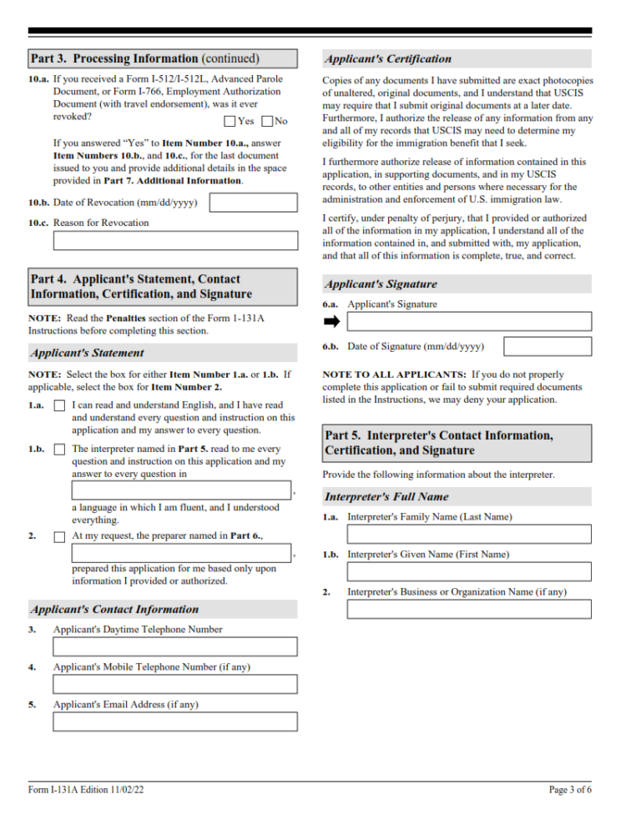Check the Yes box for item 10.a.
(230, 121)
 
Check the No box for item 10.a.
(267, 121)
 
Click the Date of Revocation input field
(253, 203)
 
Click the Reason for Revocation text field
(175, 241)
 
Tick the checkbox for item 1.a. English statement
(59, 405)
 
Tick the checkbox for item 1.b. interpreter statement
(59, 450)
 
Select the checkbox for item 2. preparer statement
(59, 536)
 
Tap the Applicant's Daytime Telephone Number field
(175, 646)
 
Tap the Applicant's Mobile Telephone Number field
(175, 684)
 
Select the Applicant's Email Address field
(175, 721)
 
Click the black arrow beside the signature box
(331, 321)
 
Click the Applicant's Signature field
(469, 321)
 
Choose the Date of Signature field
(548, 346)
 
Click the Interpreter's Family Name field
(469, 534)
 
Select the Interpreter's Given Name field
(469, 571)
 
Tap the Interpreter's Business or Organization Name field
(469, 609)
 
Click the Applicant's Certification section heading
(388, 59)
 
